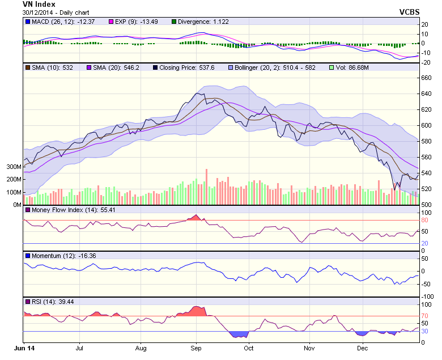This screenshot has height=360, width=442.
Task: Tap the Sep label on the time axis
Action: [x=196, y=349]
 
